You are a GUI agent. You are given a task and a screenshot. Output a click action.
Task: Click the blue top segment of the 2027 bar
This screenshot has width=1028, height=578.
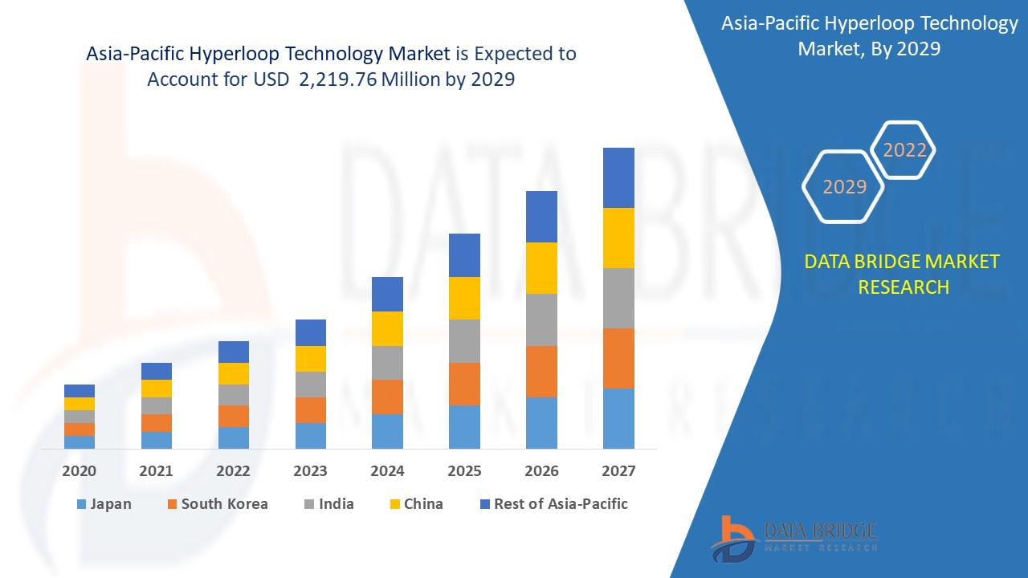coord(618,177)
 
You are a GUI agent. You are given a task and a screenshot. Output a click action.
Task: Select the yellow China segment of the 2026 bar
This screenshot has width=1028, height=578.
coord(541,267)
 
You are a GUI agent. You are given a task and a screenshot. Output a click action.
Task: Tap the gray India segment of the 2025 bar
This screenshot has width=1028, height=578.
coord(464,341)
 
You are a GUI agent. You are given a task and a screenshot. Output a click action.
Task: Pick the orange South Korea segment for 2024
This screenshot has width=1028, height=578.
coord(387,397)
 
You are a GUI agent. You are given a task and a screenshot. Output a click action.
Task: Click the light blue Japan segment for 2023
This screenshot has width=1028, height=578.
coord(311,435)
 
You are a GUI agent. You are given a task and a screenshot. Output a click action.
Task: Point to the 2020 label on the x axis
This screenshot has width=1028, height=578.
coord(79,471)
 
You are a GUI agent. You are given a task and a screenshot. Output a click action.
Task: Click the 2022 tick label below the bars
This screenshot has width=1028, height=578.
coord(233,471)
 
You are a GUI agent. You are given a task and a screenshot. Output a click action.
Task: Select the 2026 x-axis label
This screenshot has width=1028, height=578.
coord(541,471)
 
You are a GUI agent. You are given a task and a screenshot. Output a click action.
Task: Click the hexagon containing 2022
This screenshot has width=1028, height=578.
coord(904,150)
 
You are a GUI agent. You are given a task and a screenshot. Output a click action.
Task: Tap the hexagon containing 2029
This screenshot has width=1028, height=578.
coord(844,186)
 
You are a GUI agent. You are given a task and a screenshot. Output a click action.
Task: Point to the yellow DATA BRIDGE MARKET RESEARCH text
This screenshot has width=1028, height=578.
coord(903,274)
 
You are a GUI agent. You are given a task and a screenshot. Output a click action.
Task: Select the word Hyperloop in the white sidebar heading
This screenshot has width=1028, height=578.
coord(872,24)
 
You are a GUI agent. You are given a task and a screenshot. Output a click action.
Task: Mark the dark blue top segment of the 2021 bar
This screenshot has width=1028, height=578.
coord(157,371)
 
